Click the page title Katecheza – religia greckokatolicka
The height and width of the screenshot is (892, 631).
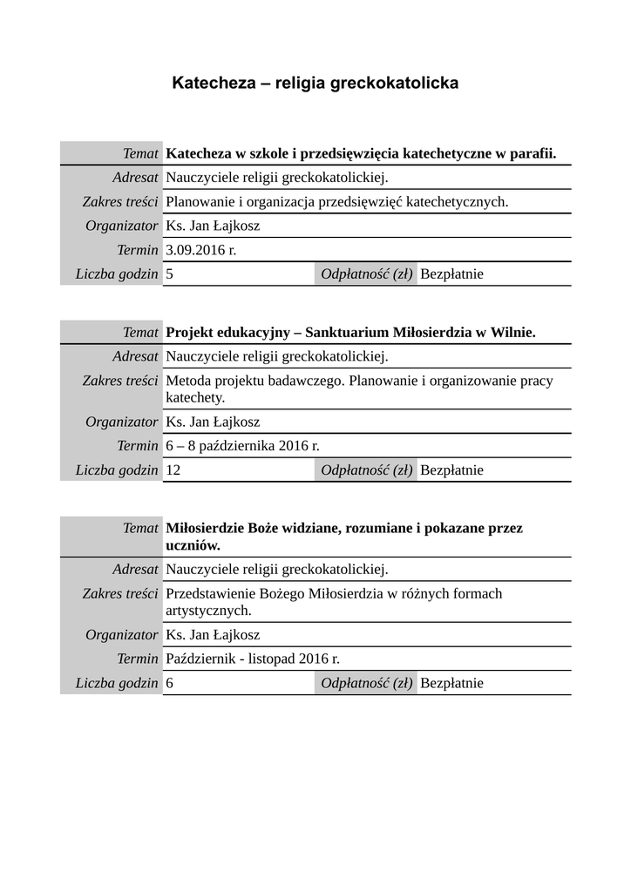315,84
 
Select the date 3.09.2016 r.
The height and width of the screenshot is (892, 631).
200,250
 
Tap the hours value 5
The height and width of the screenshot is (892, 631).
169,274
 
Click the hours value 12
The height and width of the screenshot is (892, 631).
173,470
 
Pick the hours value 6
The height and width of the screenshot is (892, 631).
169,683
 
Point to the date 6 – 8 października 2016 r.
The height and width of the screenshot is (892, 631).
242,446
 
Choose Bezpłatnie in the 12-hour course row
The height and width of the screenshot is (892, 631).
451,470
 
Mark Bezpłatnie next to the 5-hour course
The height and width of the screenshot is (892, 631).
451,274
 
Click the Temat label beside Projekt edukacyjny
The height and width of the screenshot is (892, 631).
140,333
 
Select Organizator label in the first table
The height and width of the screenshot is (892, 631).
122,226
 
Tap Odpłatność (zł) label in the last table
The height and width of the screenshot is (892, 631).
366,683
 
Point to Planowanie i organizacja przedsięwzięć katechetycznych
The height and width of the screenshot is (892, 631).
336,202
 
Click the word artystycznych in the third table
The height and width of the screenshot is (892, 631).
208,610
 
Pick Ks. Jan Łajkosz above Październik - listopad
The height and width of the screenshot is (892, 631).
213,635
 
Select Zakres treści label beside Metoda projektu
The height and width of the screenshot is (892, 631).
120,381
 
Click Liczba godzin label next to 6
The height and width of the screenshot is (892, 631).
117,683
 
